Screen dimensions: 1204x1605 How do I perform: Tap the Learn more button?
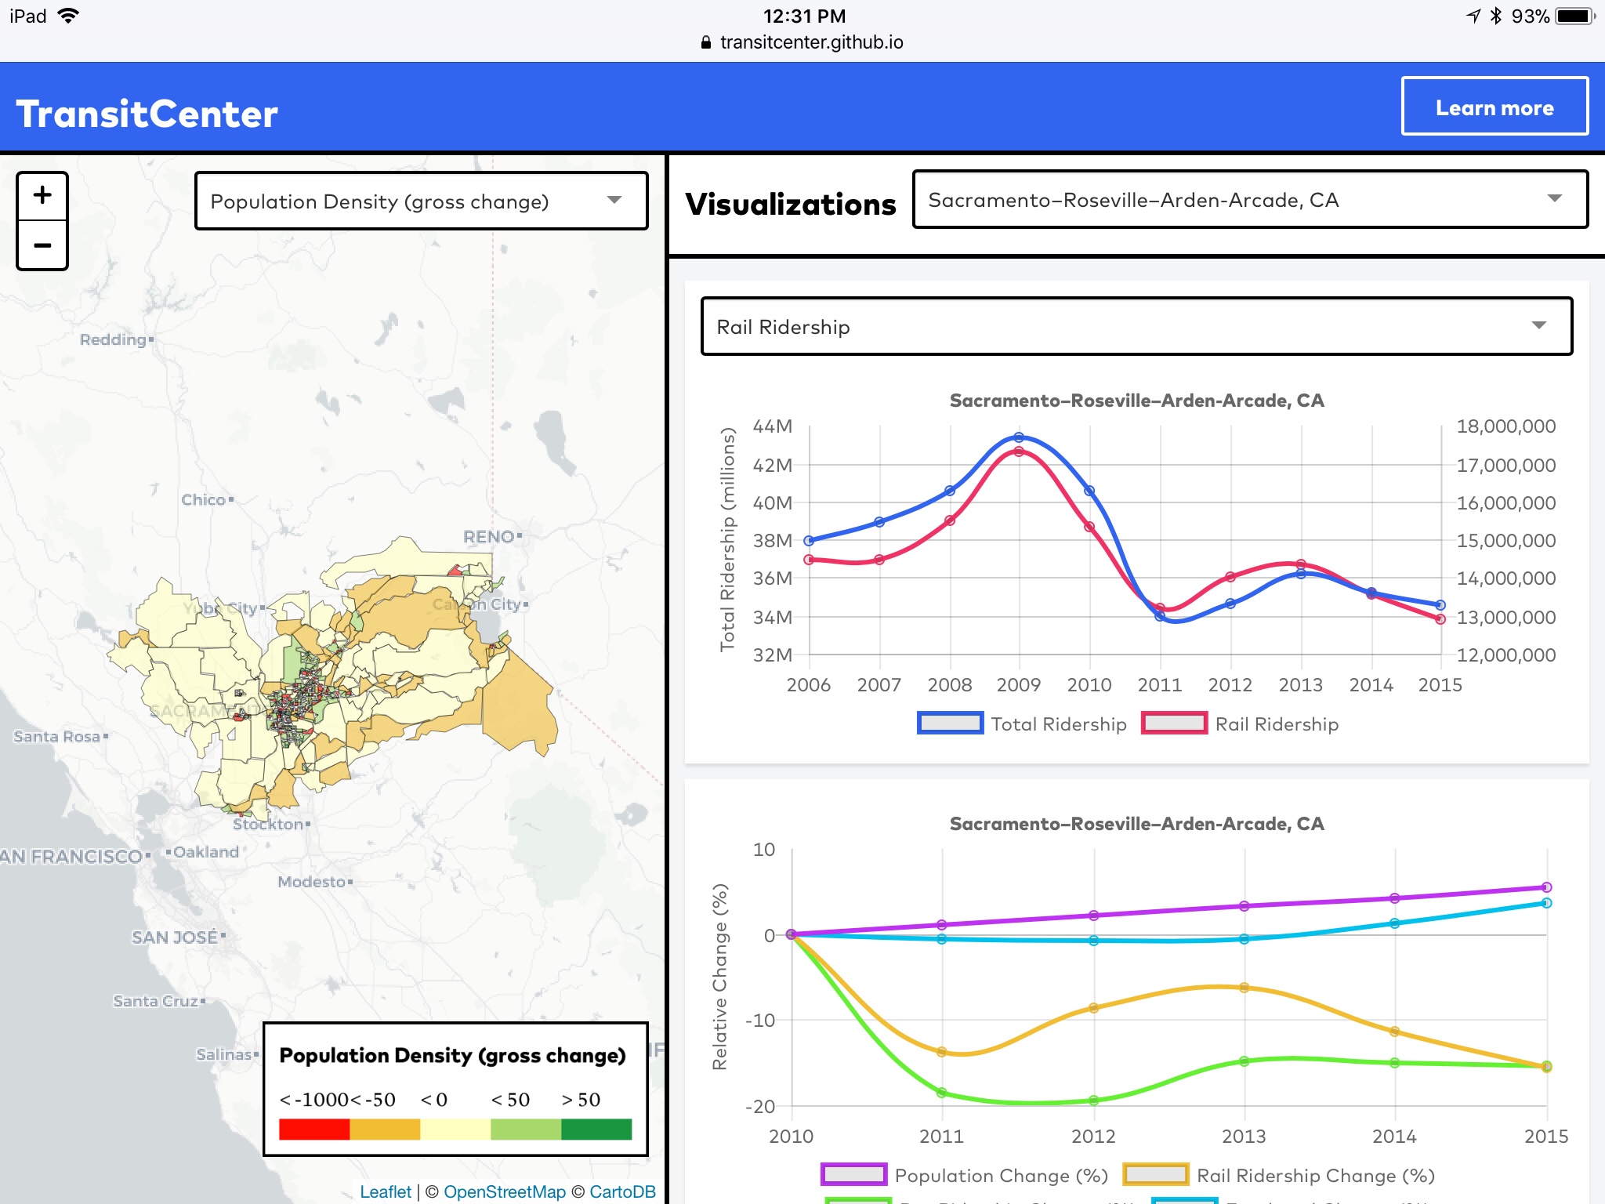click(1494, 107)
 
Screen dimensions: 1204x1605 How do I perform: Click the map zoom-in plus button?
click(42, 196)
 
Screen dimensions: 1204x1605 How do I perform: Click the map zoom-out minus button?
click(42, 245)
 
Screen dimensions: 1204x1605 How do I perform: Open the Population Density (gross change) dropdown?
click(421, 201)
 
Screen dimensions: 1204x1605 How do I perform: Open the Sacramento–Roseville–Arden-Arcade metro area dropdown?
click(1249, 200)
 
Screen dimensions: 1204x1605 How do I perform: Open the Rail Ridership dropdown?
click(1136, 326)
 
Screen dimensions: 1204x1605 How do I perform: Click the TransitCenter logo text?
click(147, 114)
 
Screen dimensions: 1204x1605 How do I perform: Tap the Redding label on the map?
click(114, 339)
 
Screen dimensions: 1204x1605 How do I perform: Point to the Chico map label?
click(204, 500)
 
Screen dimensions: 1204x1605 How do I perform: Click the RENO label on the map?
click(489, 537)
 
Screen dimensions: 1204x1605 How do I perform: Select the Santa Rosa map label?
click(57, 737)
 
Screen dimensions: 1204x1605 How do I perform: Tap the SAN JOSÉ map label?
click(175, 937)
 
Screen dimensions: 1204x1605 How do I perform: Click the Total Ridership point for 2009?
click(1019, 437)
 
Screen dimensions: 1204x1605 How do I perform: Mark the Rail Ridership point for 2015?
click(1440, 619)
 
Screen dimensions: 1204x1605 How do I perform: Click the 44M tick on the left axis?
click(773, 426)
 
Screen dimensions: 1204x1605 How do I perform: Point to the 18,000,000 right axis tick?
click(1505, 426)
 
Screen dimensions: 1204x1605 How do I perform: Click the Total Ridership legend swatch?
click(950, 723)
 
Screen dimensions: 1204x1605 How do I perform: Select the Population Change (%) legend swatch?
click(853, 1175)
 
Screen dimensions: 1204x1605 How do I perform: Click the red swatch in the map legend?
click(314, 1130)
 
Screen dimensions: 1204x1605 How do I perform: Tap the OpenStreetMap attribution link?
click(504, 1191)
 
